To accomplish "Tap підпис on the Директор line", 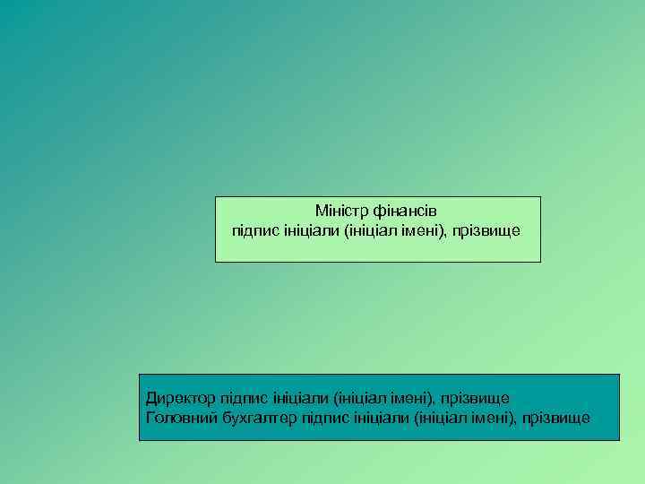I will (x=236, y=396).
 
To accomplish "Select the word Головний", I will (x=179, y=418).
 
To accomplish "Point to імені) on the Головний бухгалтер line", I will (x=495, y=418).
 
